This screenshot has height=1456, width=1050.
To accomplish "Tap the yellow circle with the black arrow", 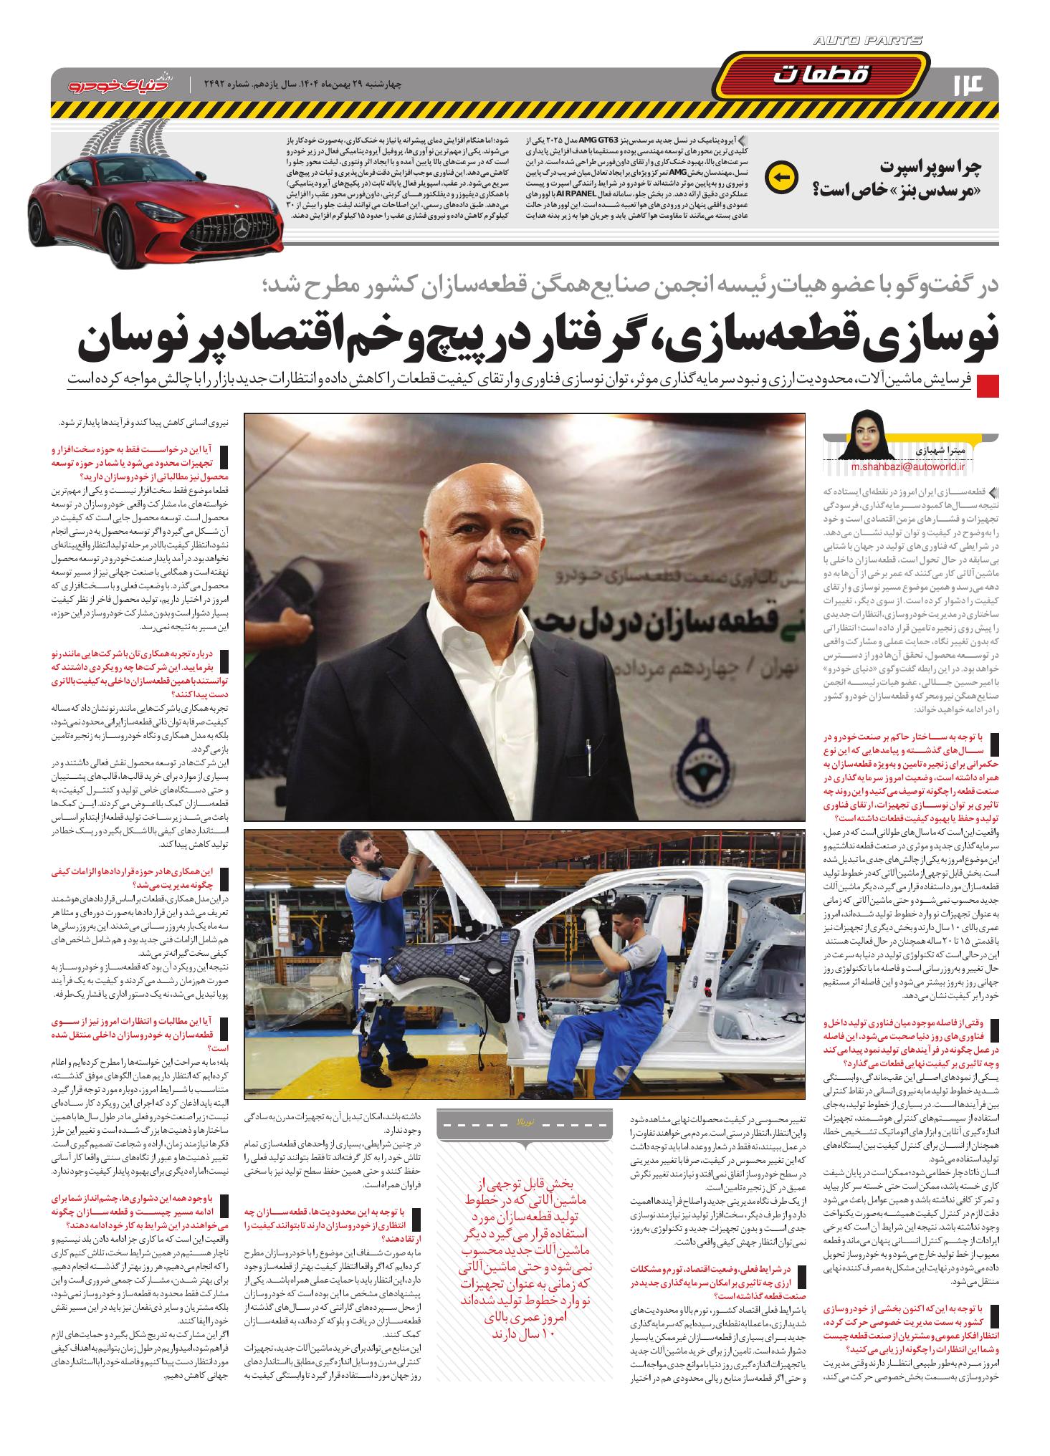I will click(x=781, y=177).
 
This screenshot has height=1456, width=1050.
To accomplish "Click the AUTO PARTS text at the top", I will click(x=868, y=42).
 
